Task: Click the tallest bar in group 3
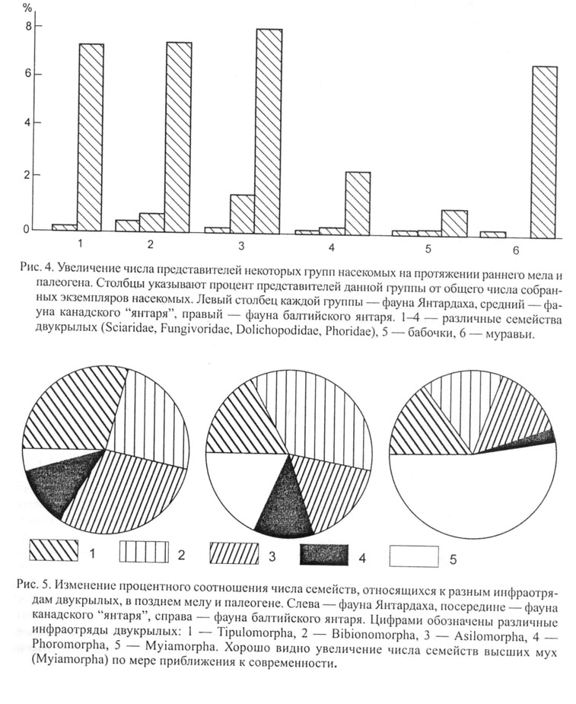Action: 269,129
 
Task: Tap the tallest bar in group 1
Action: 91,137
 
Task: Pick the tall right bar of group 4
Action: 357,201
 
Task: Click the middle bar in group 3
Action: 242,212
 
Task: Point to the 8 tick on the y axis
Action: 29,27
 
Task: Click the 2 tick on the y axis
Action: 29,175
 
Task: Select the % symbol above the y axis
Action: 28,8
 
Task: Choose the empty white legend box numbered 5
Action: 415,554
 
